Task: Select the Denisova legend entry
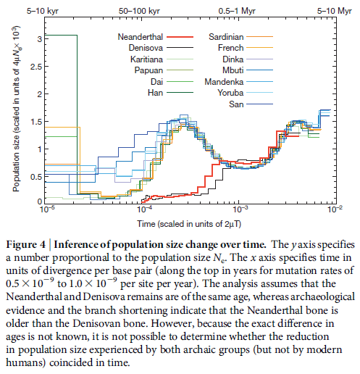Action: pyautogui.click(x=143, y=47)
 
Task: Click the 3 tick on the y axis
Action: pyautogui.click(x=38, y=36)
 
